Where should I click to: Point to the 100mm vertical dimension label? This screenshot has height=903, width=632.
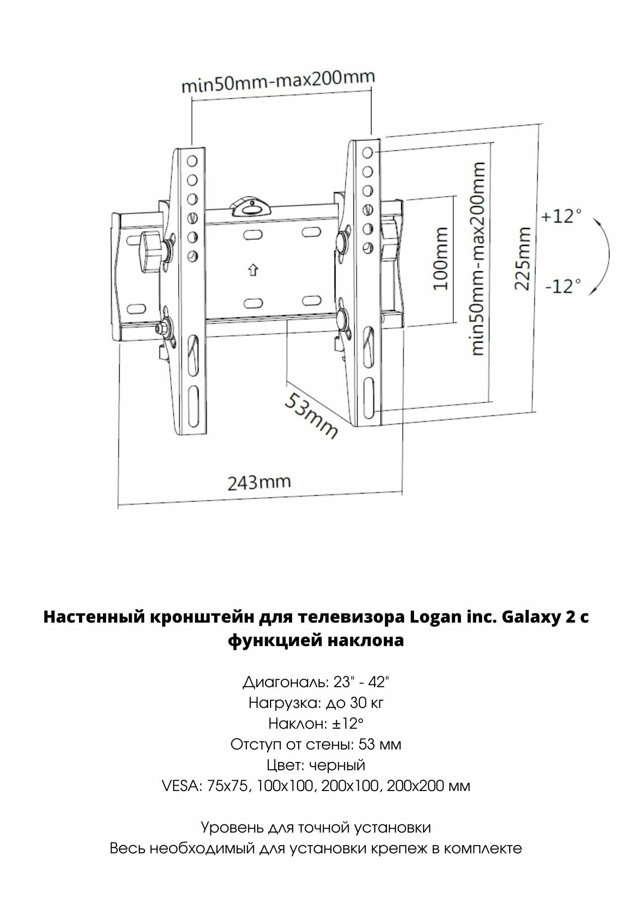(437, 259)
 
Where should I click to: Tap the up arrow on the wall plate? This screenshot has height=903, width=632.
(252, 270)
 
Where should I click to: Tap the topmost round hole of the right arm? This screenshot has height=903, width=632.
(367, 153)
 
